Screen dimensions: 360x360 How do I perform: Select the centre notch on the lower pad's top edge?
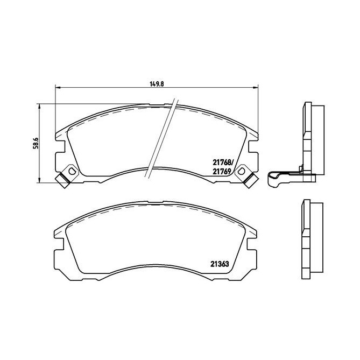point(157,203)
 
